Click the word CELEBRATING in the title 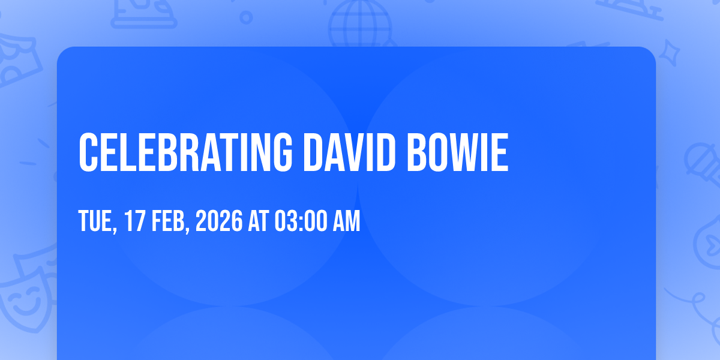tap(185, 152)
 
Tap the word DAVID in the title tap(349, 152)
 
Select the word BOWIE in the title tap(458, 152)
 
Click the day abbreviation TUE tap(95, 221)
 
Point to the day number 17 tap(134, 221)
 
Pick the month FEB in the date tap(168, 221)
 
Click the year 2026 tap(219, 221)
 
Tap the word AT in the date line tap(259, 221)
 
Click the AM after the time tap(347, 221)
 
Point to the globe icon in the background tap(360, 23)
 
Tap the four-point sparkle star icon tap(669, 53)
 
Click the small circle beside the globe tap(246, 17)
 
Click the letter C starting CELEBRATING tap(88, 152)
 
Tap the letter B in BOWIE tap(416, 152)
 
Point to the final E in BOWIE tap(500, 152)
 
